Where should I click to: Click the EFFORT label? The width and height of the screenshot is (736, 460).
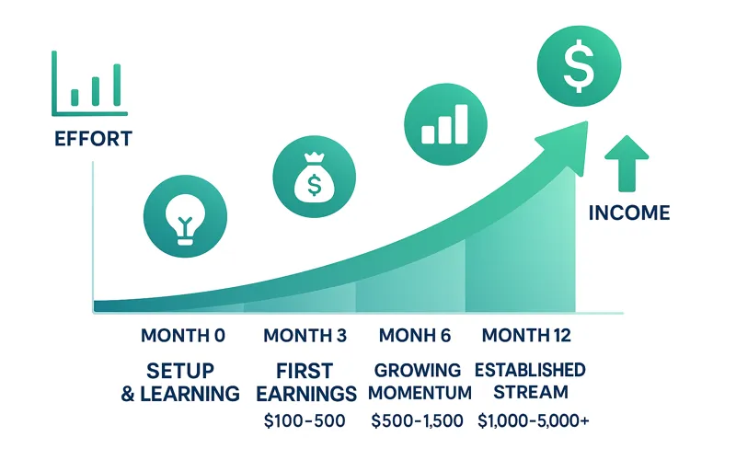point(93,140)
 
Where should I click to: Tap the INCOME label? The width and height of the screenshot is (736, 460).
point(629,213)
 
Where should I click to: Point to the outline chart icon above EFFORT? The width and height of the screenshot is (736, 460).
point(89,84)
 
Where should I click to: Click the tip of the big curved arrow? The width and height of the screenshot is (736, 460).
point(583,124)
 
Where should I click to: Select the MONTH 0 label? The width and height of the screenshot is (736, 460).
point(183,336)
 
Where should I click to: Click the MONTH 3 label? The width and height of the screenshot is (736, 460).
point(305,336)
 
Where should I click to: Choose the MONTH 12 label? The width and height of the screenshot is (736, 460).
point(527,336)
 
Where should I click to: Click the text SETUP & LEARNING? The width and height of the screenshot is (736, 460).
point(180,382)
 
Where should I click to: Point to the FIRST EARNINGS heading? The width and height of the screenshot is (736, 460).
point(305,382)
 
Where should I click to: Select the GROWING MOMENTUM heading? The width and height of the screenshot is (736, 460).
point(418,382)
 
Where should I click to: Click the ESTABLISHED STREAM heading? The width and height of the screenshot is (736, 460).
point(530,382)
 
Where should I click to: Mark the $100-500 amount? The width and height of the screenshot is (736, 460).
point(304,421)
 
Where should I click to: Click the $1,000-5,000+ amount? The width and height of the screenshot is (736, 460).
point(534,421)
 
